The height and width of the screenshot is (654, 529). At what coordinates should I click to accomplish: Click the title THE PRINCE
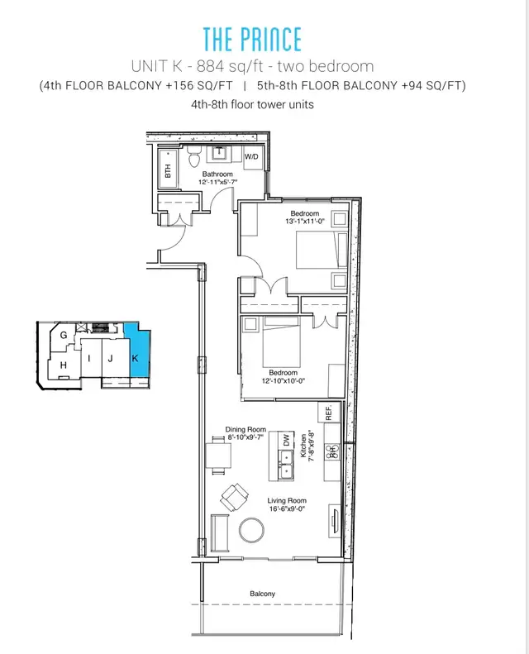[x=252, y=40]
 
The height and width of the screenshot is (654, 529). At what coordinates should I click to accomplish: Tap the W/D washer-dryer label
[x=251, y=157]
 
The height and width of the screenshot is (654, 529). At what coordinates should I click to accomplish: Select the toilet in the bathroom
[x=194, y=157]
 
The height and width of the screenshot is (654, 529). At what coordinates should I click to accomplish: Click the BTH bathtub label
[x=168, y=170]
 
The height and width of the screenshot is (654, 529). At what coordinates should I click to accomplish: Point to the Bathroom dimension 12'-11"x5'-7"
[x=217, y=182]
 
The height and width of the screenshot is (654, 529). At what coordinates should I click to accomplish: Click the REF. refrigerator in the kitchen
[x=329, y=412]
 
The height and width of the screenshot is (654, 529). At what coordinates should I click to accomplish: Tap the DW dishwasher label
[x=286, y=441]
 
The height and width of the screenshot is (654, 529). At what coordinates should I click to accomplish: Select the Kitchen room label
[x=303, y=446]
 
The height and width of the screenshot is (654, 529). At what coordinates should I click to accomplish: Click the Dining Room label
[x=245, y=429]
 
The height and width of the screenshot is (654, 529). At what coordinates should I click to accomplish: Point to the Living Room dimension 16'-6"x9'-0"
[x=287, y=508]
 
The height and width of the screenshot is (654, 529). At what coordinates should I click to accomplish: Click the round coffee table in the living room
[x=252, y=530]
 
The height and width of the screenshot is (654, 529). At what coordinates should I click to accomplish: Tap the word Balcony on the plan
[x=263, y=594]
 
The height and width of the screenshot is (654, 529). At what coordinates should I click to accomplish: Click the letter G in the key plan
[x=64, y=335]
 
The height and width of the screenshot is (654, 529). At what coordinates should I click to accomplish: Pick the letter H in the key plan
[x=64, y=365]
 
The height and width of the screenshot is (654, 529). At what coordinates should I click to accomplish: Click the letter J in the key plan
[x=111, y=358]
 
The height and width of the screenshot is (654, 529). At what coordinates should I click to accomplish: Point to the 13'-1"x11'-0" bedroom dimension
[x=305, y=222]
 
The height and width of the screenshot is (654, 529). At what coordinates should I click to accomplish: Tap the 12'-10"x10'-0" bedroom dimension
[x=284, y=381]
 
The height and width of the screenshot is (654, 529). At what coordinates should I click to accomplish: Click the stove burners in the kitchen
[x=332, y=452]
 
